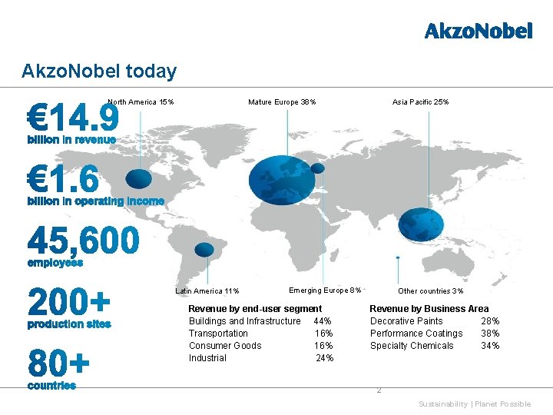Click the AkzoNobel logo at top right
(478, 32)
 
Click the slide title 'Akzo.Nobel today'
(99, 71)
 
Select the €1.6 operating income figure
(63, 181)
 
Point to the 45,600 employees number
(84, 241)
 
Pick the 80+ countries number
(58, 362)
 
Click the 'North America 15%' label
(141, 102)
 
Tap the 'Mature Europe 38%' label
(282, 102)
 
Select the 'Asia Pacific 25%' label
(420, 102)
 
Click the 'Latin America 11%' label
(207, 290)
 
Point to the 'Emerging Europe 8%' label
(325, 290)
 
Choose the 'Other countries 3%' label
(430, 290)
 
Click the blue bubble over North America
(139, 178)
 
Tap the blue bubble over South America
(204, 250)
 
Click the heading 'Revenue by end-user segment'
(255, 308)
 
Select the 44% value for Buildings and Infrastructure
(323, 321)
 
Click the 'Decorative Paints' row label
(406, 321)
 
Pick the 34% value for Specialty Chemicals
(490, 346)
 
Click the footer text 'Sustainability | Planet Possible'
(474, 404)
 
